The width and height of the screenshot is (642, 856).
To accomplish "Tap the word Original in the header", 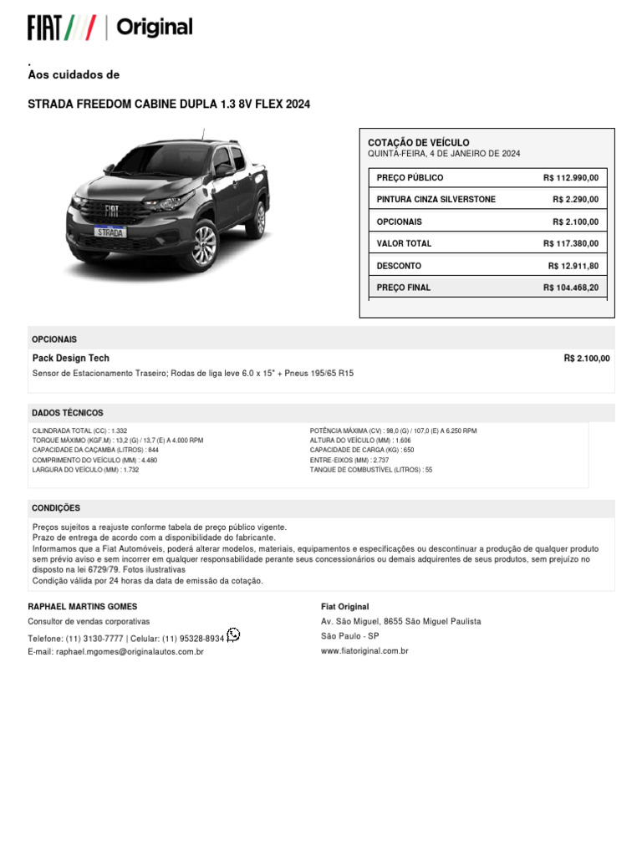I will point(155,28).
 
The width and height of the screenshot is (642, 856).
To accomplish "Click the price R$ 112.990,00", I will point(571,178).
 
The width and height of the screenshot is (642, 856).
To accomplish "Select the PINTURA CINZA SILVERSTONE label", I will point(436,200).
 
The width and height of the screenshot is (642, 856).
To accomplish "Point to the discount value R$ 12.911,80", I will point(573,266).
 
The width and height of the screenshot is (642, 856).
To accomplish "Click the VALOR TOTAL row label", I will point(404,244).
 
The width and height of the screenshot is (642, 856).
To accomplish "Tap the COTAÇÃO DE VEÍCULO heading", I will point(419,143).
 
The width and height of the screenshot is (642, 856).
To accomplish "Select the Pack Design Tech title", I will point(70,359).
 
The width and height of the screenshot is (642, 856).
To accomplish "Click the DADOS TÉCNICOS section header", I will point(68,413).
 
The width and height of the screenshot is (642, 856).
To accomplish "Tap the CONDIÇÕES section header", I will point(56,508).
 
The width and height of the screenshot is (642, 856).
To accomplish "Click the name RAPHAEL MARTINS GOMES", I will point(83,607).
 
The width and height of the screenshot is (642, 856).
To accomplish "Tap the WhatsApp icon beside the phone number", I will point(233,634).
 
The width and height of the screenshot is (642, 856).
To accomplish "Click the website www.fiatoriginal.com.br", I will point(364,650).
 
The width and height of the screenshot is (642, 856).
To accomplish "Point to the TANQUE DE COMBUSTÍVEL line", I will point(371,470).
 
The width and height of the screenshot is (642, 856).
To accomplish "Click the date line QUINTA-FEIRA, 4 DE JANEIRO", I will point(444,154).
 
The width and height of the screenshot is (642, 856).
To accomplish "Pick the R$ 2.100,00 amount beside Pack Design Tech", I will point(587,359).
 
